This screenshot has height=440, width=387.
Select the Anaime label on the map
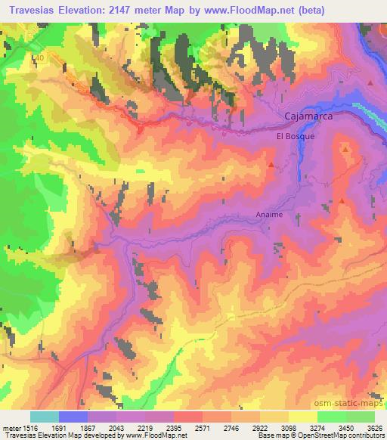point(269,214)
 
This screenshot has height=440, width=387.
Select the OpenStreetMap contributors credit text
point(342,435)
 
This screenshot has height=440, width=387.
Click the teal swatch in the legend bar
point(45,417)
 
